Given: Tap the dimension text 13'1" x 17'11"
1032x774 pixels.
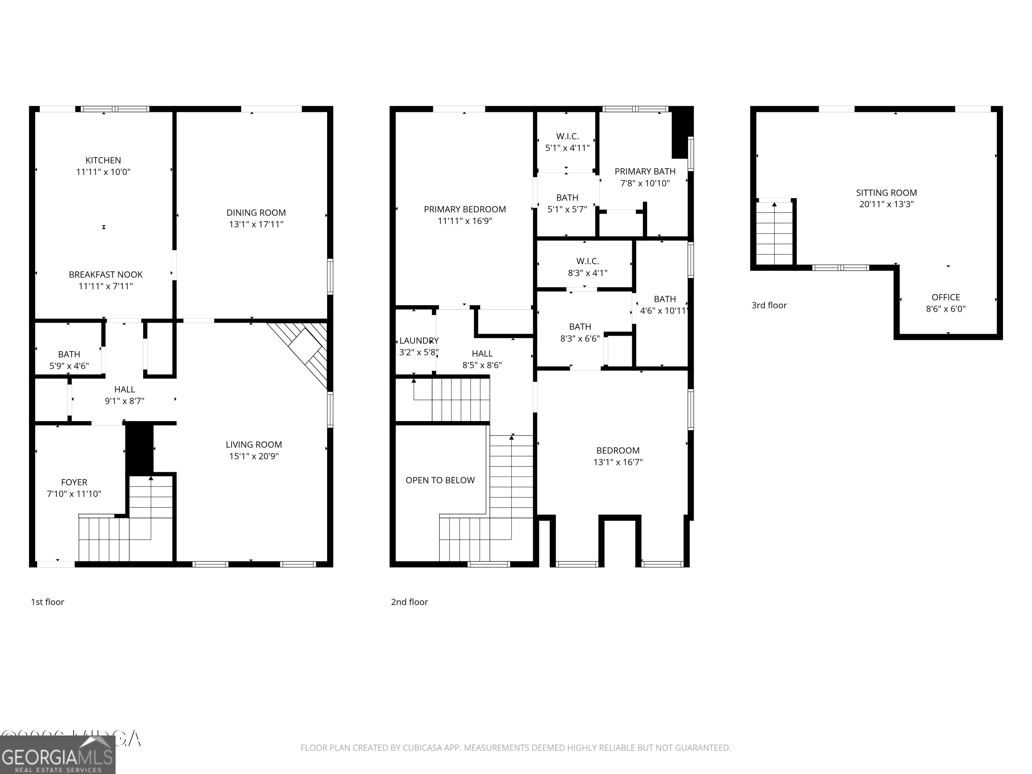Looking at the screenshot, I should tap(256, 224).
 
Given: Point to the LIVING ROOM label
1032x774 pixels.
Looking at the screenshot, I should tap(254, 444).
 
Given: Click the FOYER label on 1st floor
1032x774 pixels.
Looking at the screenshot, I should tap(74, 482).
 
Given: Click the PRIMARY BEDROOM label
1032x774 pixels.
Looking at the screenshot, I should tap(465, 209).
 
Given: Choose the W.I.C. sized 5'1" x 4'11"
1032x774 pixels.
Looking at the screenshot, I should tap(567, 142).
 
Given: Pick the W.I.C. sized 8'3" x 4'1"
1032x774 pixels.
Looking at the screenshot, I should tap(588, 267).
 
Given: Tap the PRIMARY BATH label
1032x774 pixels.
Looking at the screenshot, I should tap(645, 172).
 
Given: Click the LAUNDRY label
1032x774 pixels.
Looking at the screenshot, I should tap(419, 341).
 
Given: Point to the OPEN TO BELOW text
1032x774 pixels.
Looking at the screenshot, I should tap(440, 481).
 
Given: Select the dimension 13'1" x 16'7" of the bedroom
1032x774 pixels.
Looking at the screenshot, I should tap(618, 462).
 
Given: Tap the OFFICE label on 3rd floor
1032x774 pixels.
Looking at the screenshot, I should tap(946, 297).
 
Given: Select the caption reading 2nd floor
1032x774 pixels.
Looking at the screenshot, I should tap(409, 602).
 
